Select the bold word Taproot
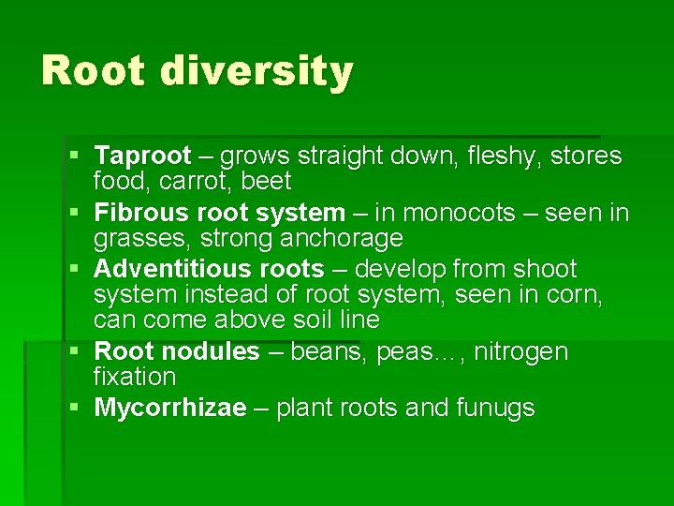[143, 156]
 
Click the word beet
[270, 180]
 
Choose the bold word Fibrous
[139, 214]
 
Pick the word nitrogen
[521, 352]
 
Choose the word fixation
[135, 377]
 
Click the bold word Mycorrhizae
[170, 408]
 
